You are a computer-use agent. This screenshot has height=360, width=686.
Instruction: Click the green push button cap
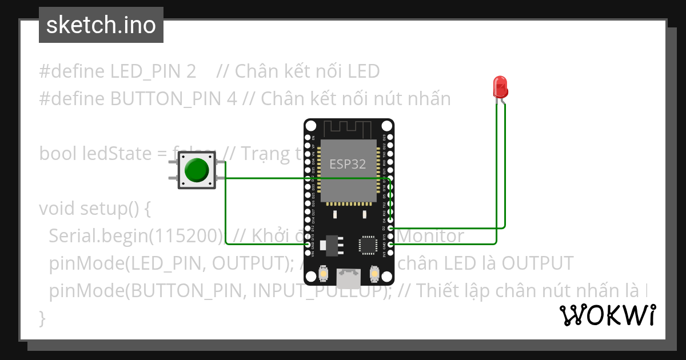click(x=196, y=170)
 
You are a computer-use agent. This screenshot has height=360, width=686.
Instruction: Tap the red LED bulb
click(x=501, y=87)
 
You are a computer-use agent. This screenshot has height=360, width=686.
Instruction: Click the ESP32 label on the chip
click(x=348, y=164)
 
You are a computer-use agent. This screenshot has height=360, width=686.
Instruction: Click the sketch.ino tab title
click(x=101, y=25)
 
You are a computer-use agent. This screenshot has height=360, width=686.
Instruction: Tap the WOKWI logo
click(x=607, y=315)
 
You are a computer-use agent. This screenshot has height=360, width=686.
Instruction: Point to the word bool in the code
click(x=58, y=154)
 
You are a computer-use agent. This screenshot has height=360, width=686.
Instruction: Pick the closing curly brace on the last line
click(x=42, y=317)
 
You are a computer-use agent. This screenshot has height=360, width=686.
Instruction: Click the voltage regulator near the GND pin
click(x=331, y=245)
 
